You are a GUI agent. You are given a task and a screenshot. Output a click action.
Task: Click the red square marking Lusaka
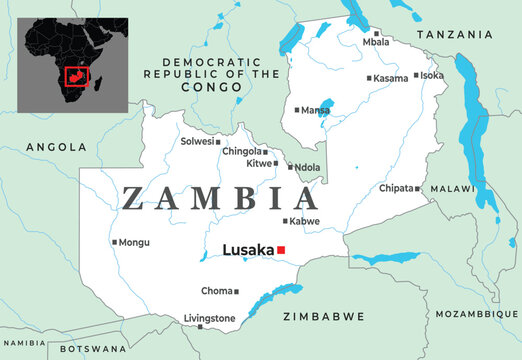[x=282, y=250]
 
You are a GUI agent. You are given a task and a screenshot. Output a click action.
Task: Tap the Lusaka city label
[x=249, y=250]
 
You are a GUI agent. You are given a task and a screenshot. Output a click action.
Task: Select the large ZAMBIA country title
[x=218, y=199]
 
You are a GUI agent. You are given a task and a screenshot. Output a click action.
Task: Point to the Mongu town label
[x=136, y=242]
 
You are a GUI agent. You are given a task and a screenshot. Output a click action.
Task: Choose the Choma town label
[x=217, y=292]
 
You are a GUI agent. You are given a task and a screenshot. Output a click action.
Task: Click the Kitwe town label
[x=259, y=163]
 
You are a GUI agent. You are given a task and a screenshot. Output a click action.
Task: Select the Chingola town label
[x=241, y=151]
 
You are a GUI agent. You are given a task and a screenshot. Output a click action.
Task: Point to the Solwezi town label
[x=197, y=142]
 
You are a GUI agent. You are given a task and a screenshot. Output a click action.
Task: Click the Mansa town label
[x=316, y=110]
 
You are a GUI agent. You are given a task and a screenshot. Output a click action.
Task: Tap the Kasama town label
[x=390, y=78]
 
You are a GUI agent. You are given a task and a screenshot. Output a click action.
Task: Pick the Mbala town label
[x=377, y=43]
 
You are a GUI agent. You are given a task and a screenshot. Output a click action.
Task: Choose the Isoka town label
[x=432, y=76]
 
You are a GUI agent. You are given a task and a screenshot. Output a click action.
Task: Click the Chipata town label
[x=397, y=188]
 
